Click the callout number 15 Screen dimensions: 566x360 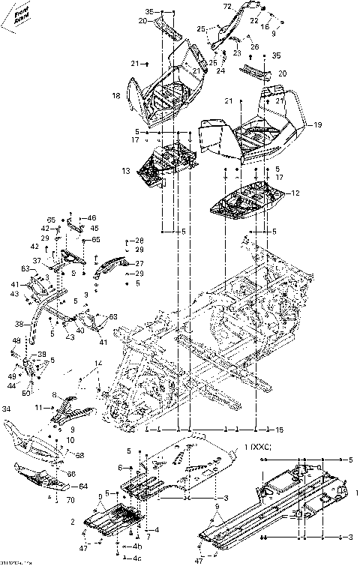click(x=280, y=430)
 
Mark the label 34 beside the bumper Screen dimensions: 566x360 click(x=7, y=409)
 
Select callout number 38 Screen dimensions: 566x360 click(x=20, y=325)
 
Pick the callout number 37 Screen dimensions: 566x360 click(x=35, y=260)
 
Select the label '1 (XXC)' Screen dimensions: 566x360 click(x=255, y=447)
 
